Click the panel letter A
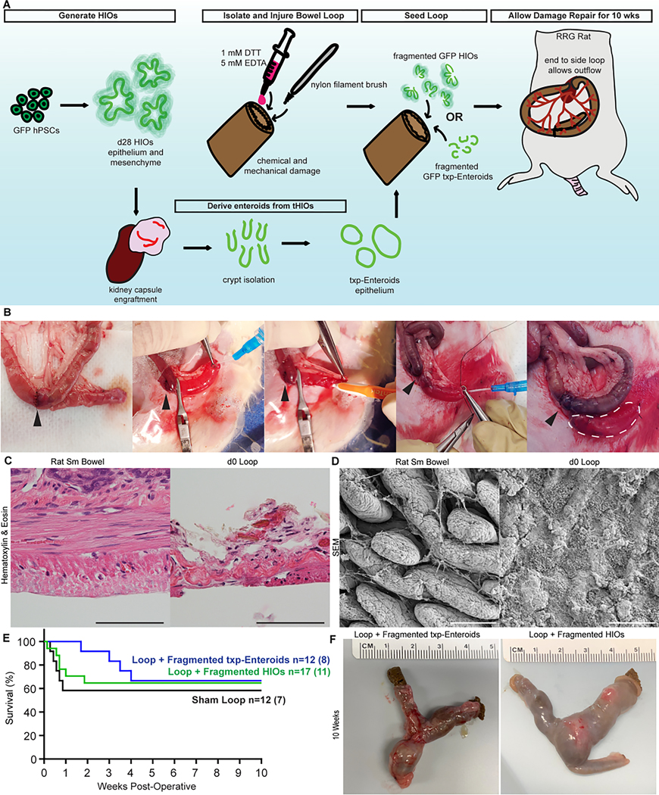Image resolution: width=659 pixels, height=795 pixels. pyautogui.click(x=6, y=6)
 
